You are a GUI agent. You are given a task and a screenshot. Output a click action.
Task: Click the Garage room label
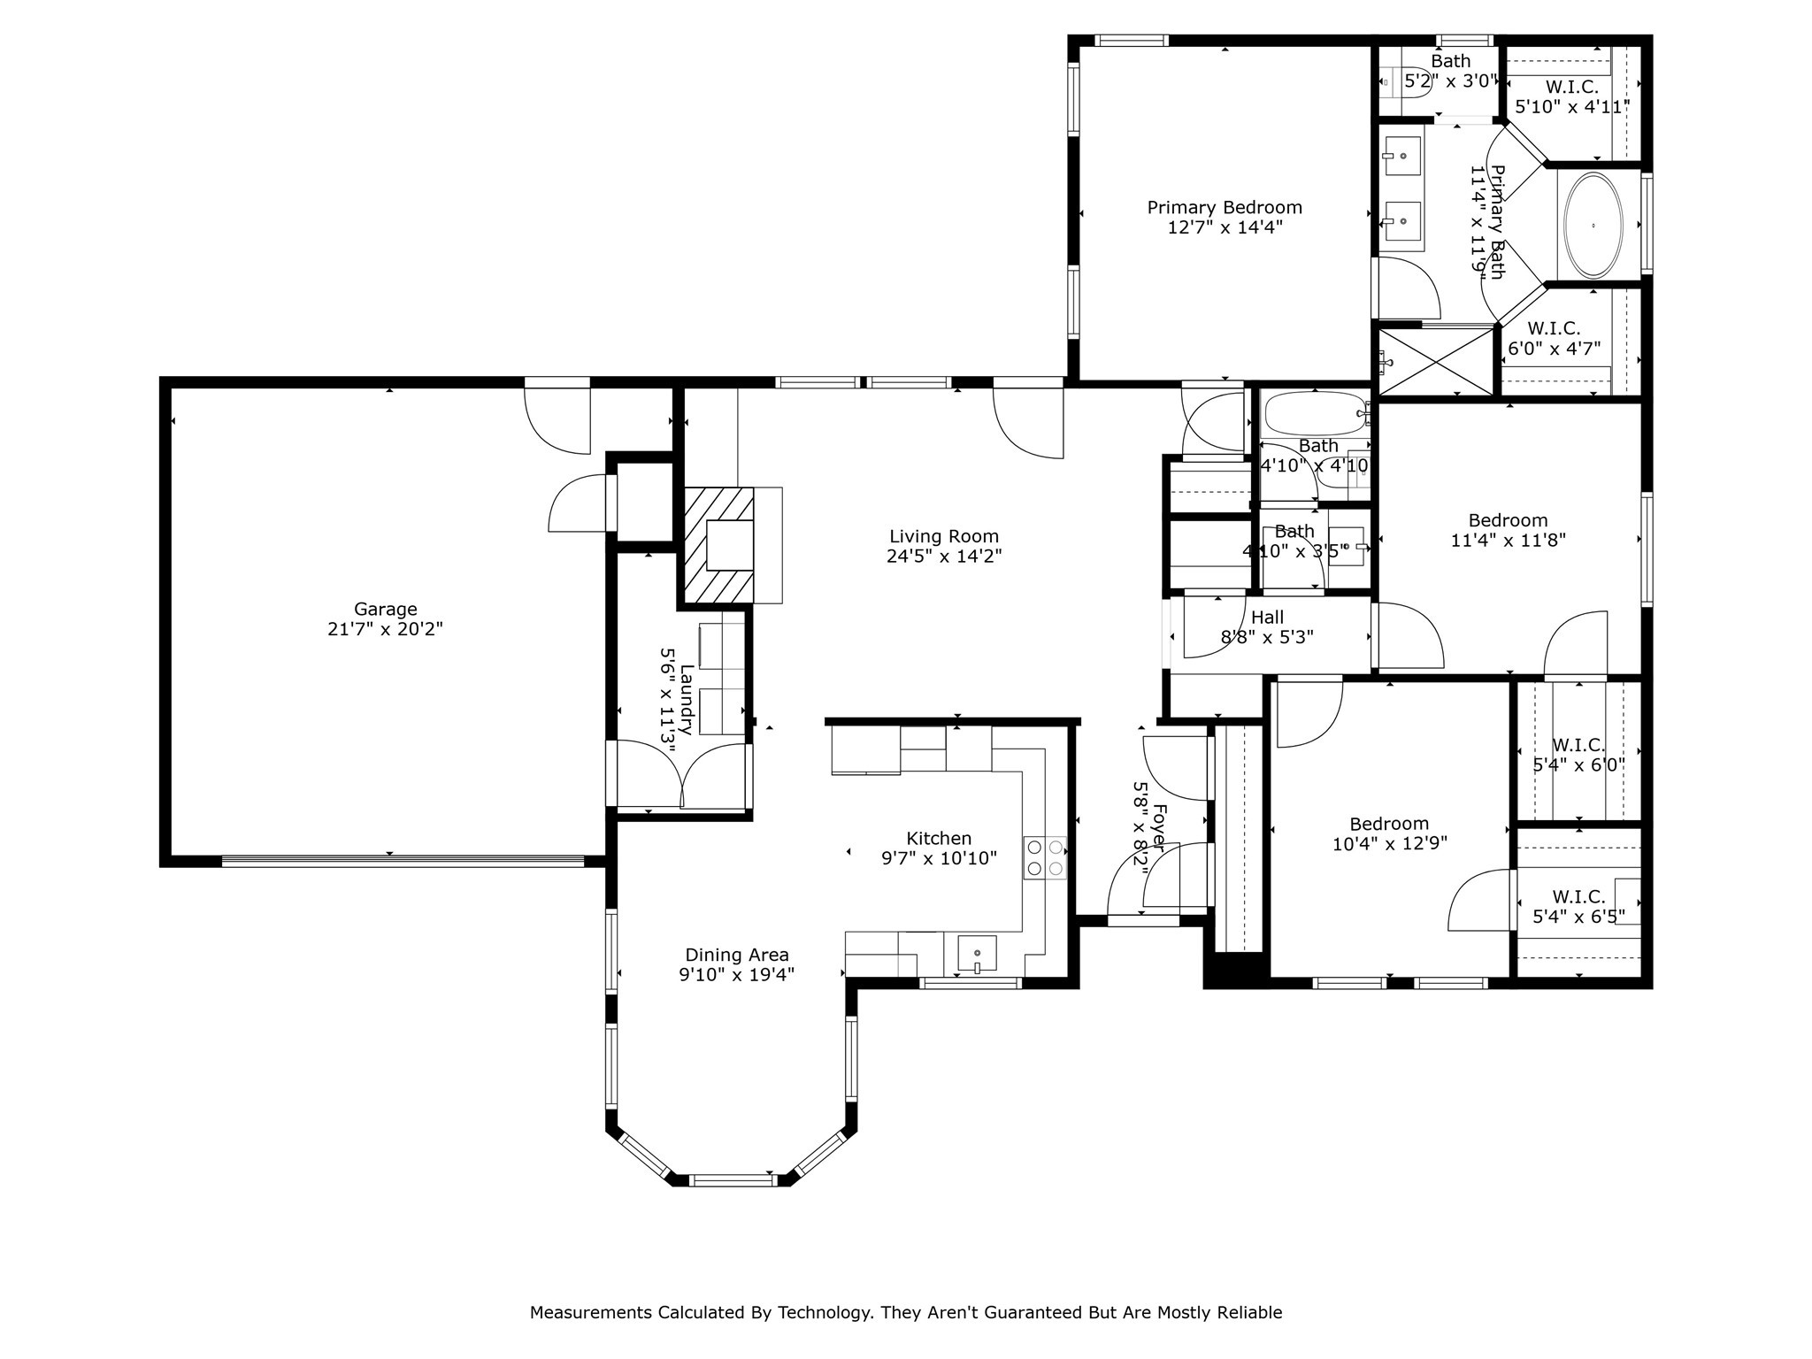tap(385, 610)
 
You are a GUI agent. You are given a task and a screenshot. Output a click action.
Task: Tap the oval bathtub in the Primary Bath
tap(1593, 226)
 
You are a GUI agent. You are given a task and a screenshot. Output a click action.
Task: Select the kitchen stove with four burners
tap(1044, 857)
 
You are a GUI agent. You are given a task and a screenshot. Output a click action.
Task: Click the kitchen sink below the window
tap(977, 954)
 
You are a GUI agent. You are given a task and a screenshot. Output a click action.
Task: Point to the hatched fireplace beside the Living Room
tap(718, 546)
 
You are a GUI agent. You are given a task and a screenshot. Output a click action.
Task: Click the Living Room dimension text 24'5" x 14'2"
tap(944, 557)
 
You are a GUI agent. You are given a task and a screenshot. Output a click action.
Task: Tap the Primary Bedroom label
tap(1225, 208)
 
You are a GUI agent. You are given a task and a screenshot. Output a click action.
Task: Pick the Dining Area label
tap(737, 956)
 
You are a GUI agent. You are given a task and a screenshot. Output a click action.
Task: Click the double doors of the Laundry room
tap(682, 776)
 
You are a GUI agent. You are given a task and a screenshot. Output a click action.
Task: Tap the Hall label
tap(1267, 618)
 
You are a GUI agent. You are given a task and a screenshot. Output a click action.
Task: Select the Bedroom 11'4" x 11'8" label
tap(1508, 521)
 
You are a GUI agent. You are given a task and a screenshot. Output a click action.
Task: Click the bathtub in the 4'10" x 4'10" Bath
tap(1315, 413)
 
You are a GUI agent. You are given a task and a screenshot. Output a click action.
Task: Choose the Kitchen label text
tap(939, 839)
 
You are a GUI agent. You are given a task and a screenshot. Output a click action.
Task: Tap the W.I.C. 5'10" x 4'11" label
tap(1571, 88)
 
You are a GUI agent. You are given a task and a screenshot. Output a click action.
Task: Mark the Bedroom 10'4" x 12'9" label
tap(1389, 825)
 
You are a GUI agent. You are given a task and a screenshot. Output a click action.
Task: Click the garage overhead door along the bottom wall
tap(403, 860)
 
